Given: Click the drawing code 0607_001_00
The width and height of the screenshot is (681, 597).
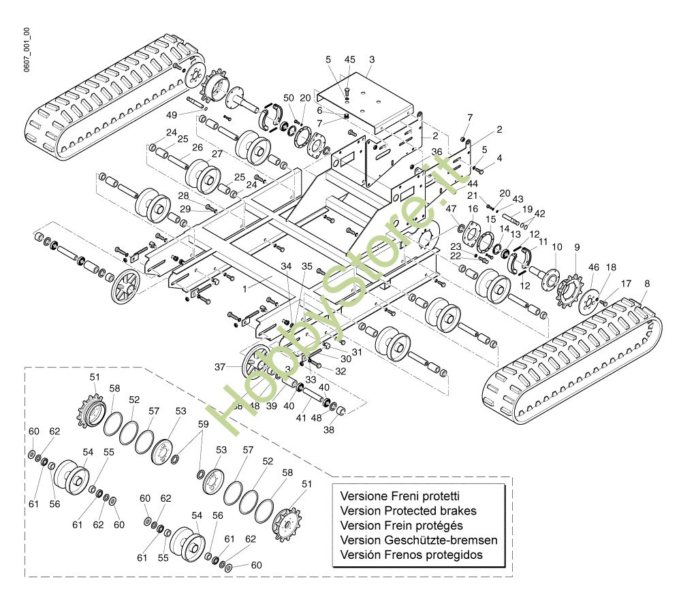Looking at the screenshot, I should (27, 51).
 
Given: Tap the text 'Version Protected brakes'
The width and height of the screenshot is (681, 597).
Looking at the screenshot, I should (408, 511).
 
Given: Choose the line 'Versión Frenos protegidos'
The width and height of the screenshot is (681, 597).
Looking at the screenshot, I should (411, 555).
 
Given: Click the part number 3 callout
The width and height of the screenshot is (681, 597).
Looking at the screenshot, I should (371, 60).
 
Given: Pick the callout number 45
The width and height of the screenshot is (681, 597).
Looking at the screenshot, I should (350, 60).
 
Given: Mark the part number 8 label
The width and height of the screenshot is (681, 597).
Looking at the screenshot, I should (646, 283).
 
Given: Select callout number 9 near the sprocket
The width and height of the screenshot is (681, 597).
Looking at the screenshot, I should (577, 246).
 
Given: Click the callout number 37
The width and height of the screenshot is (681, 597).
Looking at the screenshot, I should (219, 367).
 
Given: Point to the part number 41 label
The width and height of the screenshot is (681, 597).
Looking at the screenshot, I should (301, 419).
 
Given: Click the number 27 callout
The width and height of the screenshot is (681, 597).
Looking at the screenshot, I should (217, 155).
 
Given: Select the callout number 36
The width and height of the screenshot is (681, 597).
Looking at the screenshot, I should (437, 152).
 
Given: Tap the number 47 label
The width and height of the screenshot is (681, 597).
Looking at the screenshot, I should (451, 208).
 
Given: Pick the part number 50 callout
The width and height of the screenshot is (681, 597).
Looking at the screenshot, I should (289, 97).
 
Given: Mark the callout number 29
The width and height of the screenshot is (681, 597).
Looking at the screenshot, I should (185, 208).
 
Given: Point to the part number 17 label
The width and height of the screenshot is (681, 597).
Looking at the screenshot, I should (626, 283).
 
